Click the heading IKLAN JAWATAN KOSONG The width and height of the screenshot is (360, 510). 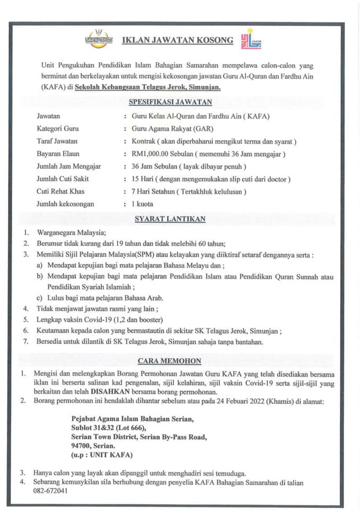click(178, 40)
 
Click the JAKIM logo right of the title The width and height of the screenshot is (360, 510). click(251, 39)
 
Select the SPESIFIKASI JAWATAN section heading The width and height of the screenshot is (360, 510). click(170, 102)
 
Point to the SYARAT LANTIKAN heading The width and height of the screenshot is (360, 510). click(170, 218)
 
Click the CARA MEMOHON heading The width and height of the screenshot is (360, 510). click(169, 361)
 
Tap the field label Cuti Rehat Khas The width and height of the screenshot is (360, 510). click(61, 191)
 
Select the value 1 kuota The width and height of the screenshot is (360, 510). click(142, 204)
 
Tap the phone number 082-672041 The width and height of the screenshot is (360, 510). click(49, 491)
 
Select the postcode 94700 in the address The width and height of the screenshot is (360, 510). click(83, 446)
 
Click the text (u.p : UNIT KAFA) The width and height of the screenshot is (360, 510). click(102, 456)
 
